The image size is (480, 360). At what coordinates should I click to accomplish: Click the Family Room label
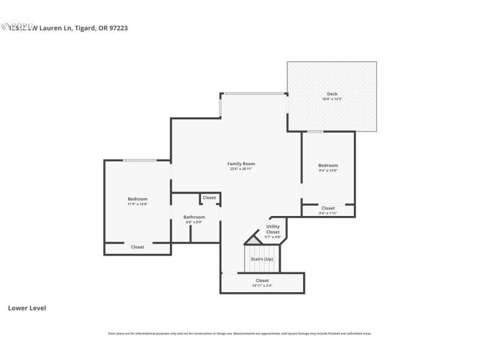[241, 164]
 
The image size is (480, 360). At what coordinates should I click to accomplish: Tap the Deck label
[332, 94]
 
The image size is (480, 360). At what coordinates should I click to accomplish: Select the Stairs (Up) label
[262, 259]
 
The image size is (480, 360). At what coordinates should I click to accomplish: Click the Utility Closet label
[273, 229]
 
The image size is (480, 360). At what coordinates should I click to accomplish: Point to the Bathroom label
[194, 217]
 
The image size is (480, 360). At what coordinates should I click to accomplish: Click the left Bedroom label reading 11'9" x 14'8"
[137, 199]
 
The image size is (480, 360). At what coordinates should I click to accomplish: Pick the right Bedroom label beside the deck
[328, 166]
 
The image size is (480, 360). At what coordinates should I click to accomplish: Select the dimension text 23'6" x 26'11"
[241, 169]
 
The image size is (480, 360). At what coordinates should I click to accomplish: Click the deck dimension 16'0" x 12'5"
[332, 100]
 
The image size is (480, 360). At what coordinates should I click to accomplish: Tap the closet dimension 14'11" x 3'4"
[262, 286]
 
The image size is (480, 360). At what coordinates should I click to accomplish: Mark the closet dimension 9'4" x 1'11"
[328, 213]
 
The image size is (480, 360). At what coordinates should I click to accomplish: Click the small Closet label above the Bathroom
[209, 198]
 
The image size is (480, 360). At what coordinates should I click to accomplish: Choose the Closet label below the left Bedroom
[137, 247]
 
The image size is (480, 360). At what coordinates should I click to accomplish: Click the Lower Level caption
[27, 308]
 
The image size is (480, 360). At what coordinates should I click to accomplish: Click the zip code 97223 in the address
[118, 28]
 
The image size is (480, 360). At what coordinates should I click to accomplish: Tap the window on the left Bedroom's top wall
[140, 160]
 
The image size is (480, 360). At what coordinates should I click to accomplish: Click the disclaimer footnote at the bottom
[240, 334]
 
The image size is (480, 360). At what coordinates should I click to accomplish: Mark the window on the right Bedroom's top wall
[315, 131]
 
